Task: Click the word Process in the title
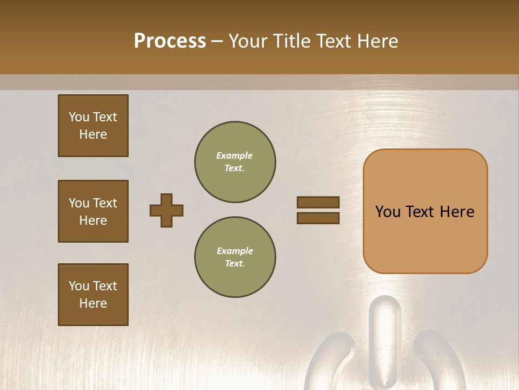[x=170, y=41]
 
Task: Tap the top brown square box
[x=93, y=126]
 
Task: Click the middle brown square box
[x=93, y=211]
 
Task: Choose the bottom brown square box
[x=93, y=295]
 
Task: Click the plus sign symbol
[x=167, y=210]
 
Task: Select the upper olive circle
[x=235, y=162]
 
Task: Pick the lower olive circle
[x=235, y=257]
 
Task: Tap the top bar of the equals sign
[x=318, y=202]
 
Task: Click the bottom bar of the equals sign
[x=318, y=218]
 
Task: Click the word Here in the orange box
[x=457, y=212]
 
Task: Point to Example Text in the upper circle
[x=235, y=162]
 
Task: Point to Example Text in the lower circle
[x=235, y=257]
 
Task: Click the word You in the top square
[x=79, y=117]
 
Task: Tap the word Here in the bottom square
[x=93, y=303]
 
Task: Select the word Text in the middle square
[x=105, y=203]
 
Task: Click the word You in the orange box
[x=388, y=212]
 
